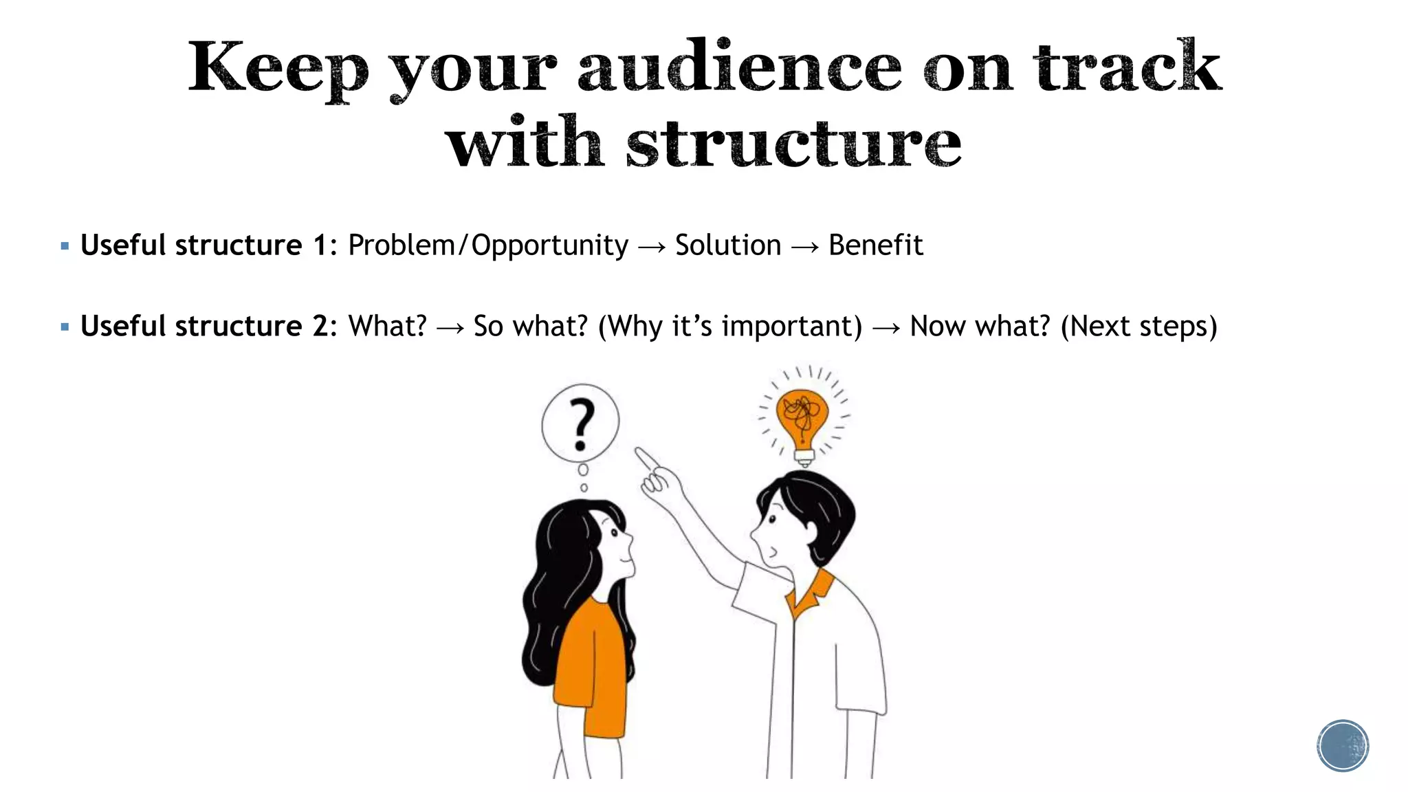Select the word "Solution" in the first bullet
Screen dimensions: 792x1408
click(728, 245)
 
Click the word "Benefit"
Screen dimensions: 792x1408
click(875, 245)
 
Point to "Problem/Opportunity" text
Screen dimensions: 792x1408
click(488, 245)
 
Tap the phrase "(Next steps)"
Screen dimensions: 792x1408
click(1139, 327)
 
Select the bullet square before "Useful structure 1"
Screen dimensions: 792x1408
click(65, 245)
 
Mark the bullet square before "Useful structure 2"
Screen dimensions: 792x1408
click(65, 327)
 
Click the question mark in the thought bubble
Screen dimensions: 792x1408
click(582, 423)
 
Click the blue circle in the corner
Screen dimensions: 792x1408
click(1343, 746)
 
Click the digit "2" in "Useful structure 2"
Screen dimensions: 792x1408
click(321, 327)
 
